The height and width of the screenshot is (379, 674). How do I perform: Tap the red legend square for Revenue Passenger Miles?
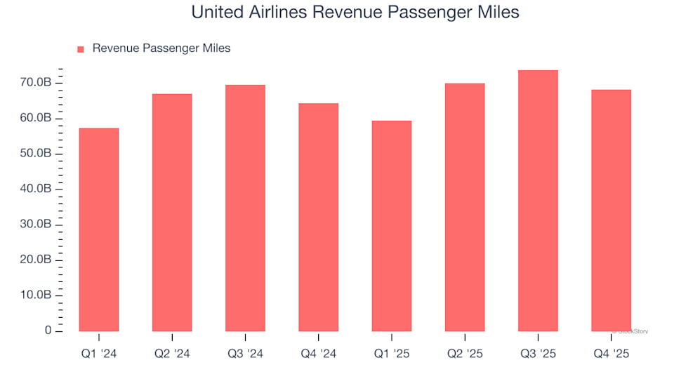[80, 49]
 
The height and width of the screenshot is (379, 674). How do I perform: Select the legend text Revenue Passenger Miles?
[161, 48]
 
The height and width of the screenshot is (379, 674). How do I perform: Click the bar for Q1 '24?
[99, 230]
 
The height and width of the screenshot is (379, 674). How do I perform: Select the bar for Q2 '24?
[172, 213]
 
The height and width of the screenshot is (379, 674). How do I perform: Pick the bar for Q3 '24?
[245, 208]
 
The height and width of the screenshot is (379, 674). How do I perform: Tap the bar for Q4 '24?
[318, 218]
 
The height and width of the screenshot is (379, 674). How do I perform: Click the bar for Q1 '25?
[391, 226]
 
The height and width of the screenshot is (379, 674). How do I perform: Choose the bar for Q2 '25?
[464, 207]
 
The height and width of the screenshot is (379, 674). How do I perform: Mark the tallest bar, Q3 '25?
[538, 201]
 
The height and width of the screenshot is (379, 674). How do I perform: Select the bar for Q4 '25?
[611, 211]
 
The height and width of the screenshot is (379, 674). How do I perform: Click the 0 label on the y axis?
[48, 331]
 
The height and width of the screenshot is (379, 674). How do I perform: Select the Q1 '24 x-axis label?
[99, 354]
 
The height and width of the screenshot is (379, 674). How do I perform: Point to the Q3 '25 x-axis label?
[538, 354]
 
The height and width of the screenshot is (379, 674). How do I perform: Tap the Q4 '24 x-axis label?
[318, 354]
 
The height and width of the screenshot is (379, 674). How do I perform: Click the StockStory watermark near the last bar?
[630, 331]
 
